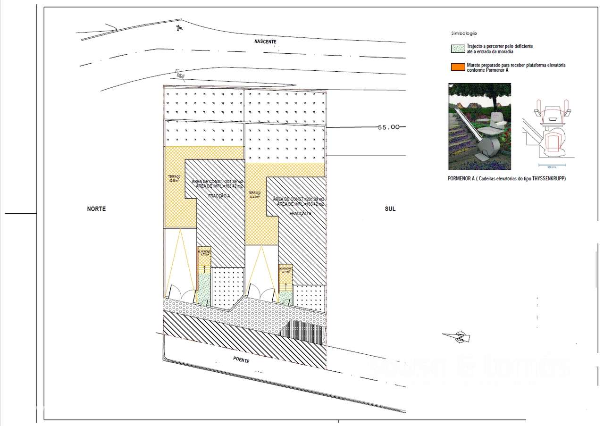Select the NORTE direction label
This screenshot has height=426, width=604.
click(x=96, y=209)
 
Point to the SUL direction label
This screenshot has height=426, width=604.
click(x=390, y=209)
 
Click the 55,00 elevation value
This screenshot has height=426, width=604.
click(x=389, y=127)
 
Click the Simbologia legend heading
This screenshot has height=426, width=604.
click(x=464, y=33)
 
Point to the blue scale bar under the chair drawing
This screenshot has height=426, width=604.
click(x=552, y=165)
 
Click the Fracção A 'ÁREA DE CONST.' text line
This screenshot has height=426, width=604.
click(x=218, y=182)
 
